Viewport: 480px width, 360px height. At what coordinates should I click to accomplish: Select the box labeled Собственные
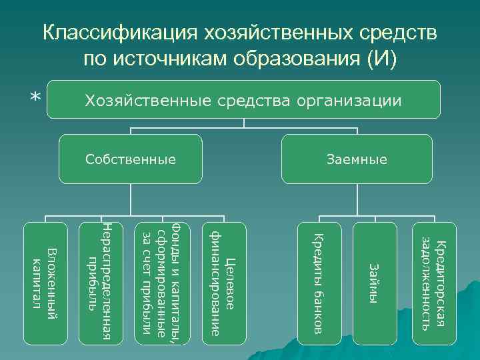click(130, 159)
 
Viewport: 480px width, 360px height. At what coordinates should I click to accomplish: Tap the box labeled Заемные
click(357, 159)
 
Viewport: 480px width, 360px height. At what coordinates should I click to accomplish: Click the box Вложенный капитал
click(45, 284)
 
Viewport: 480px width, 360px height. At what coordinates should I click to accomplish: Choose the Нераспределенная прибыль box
click(101, 284)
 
